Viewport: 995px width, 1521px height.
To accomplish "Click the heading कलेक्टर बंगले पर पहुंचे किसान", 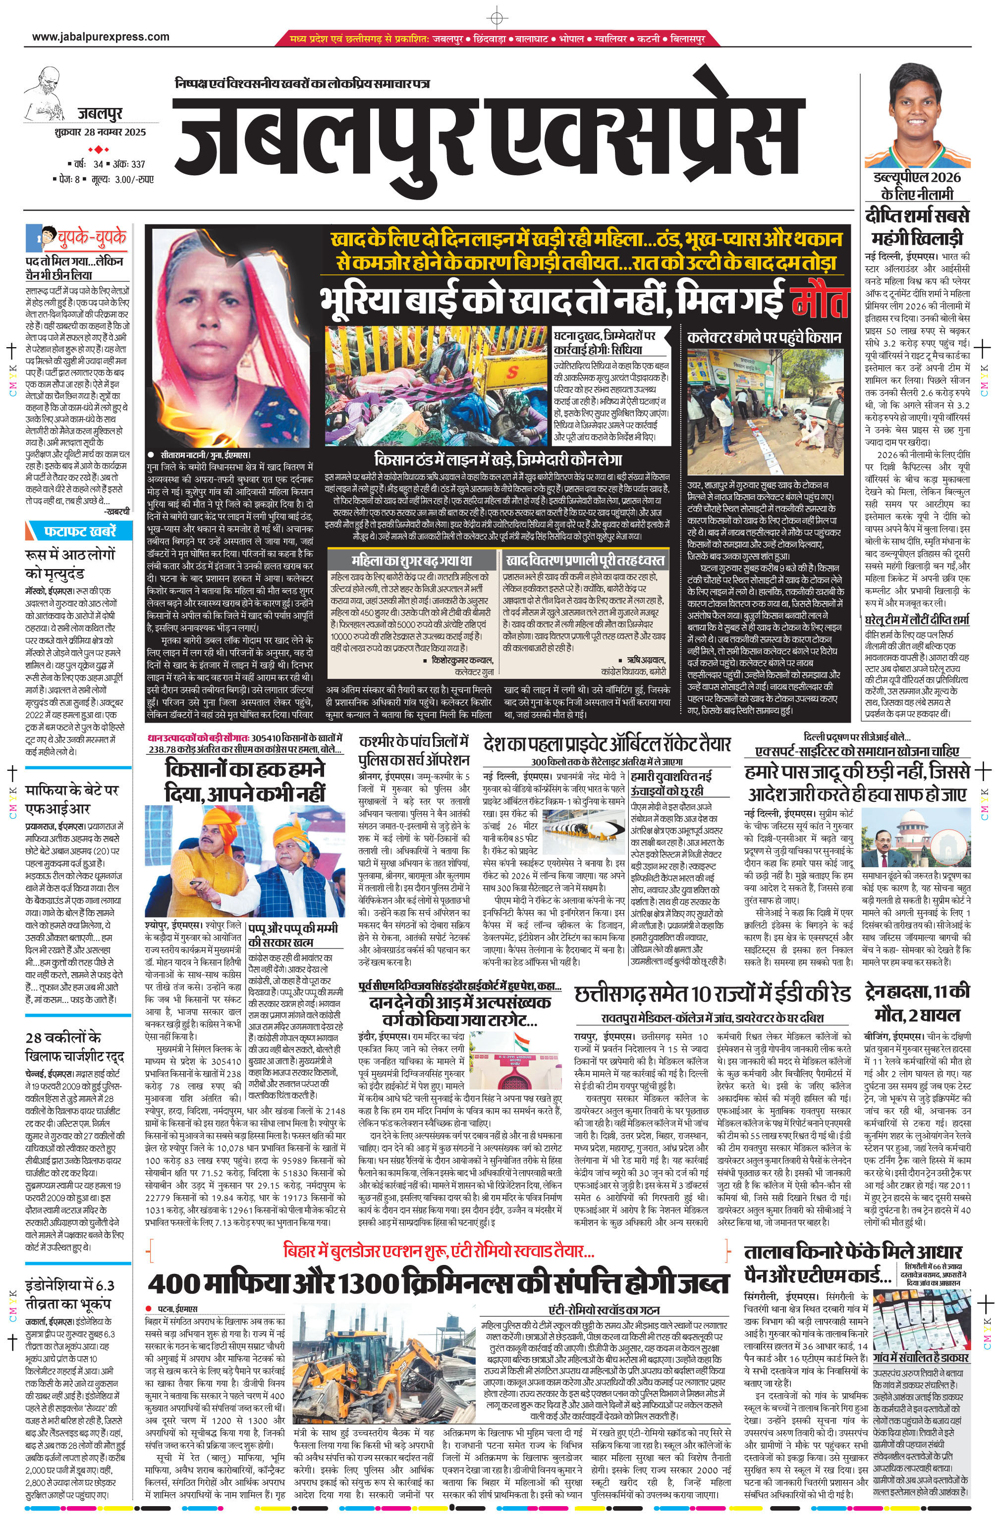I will tap(764, 337).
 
